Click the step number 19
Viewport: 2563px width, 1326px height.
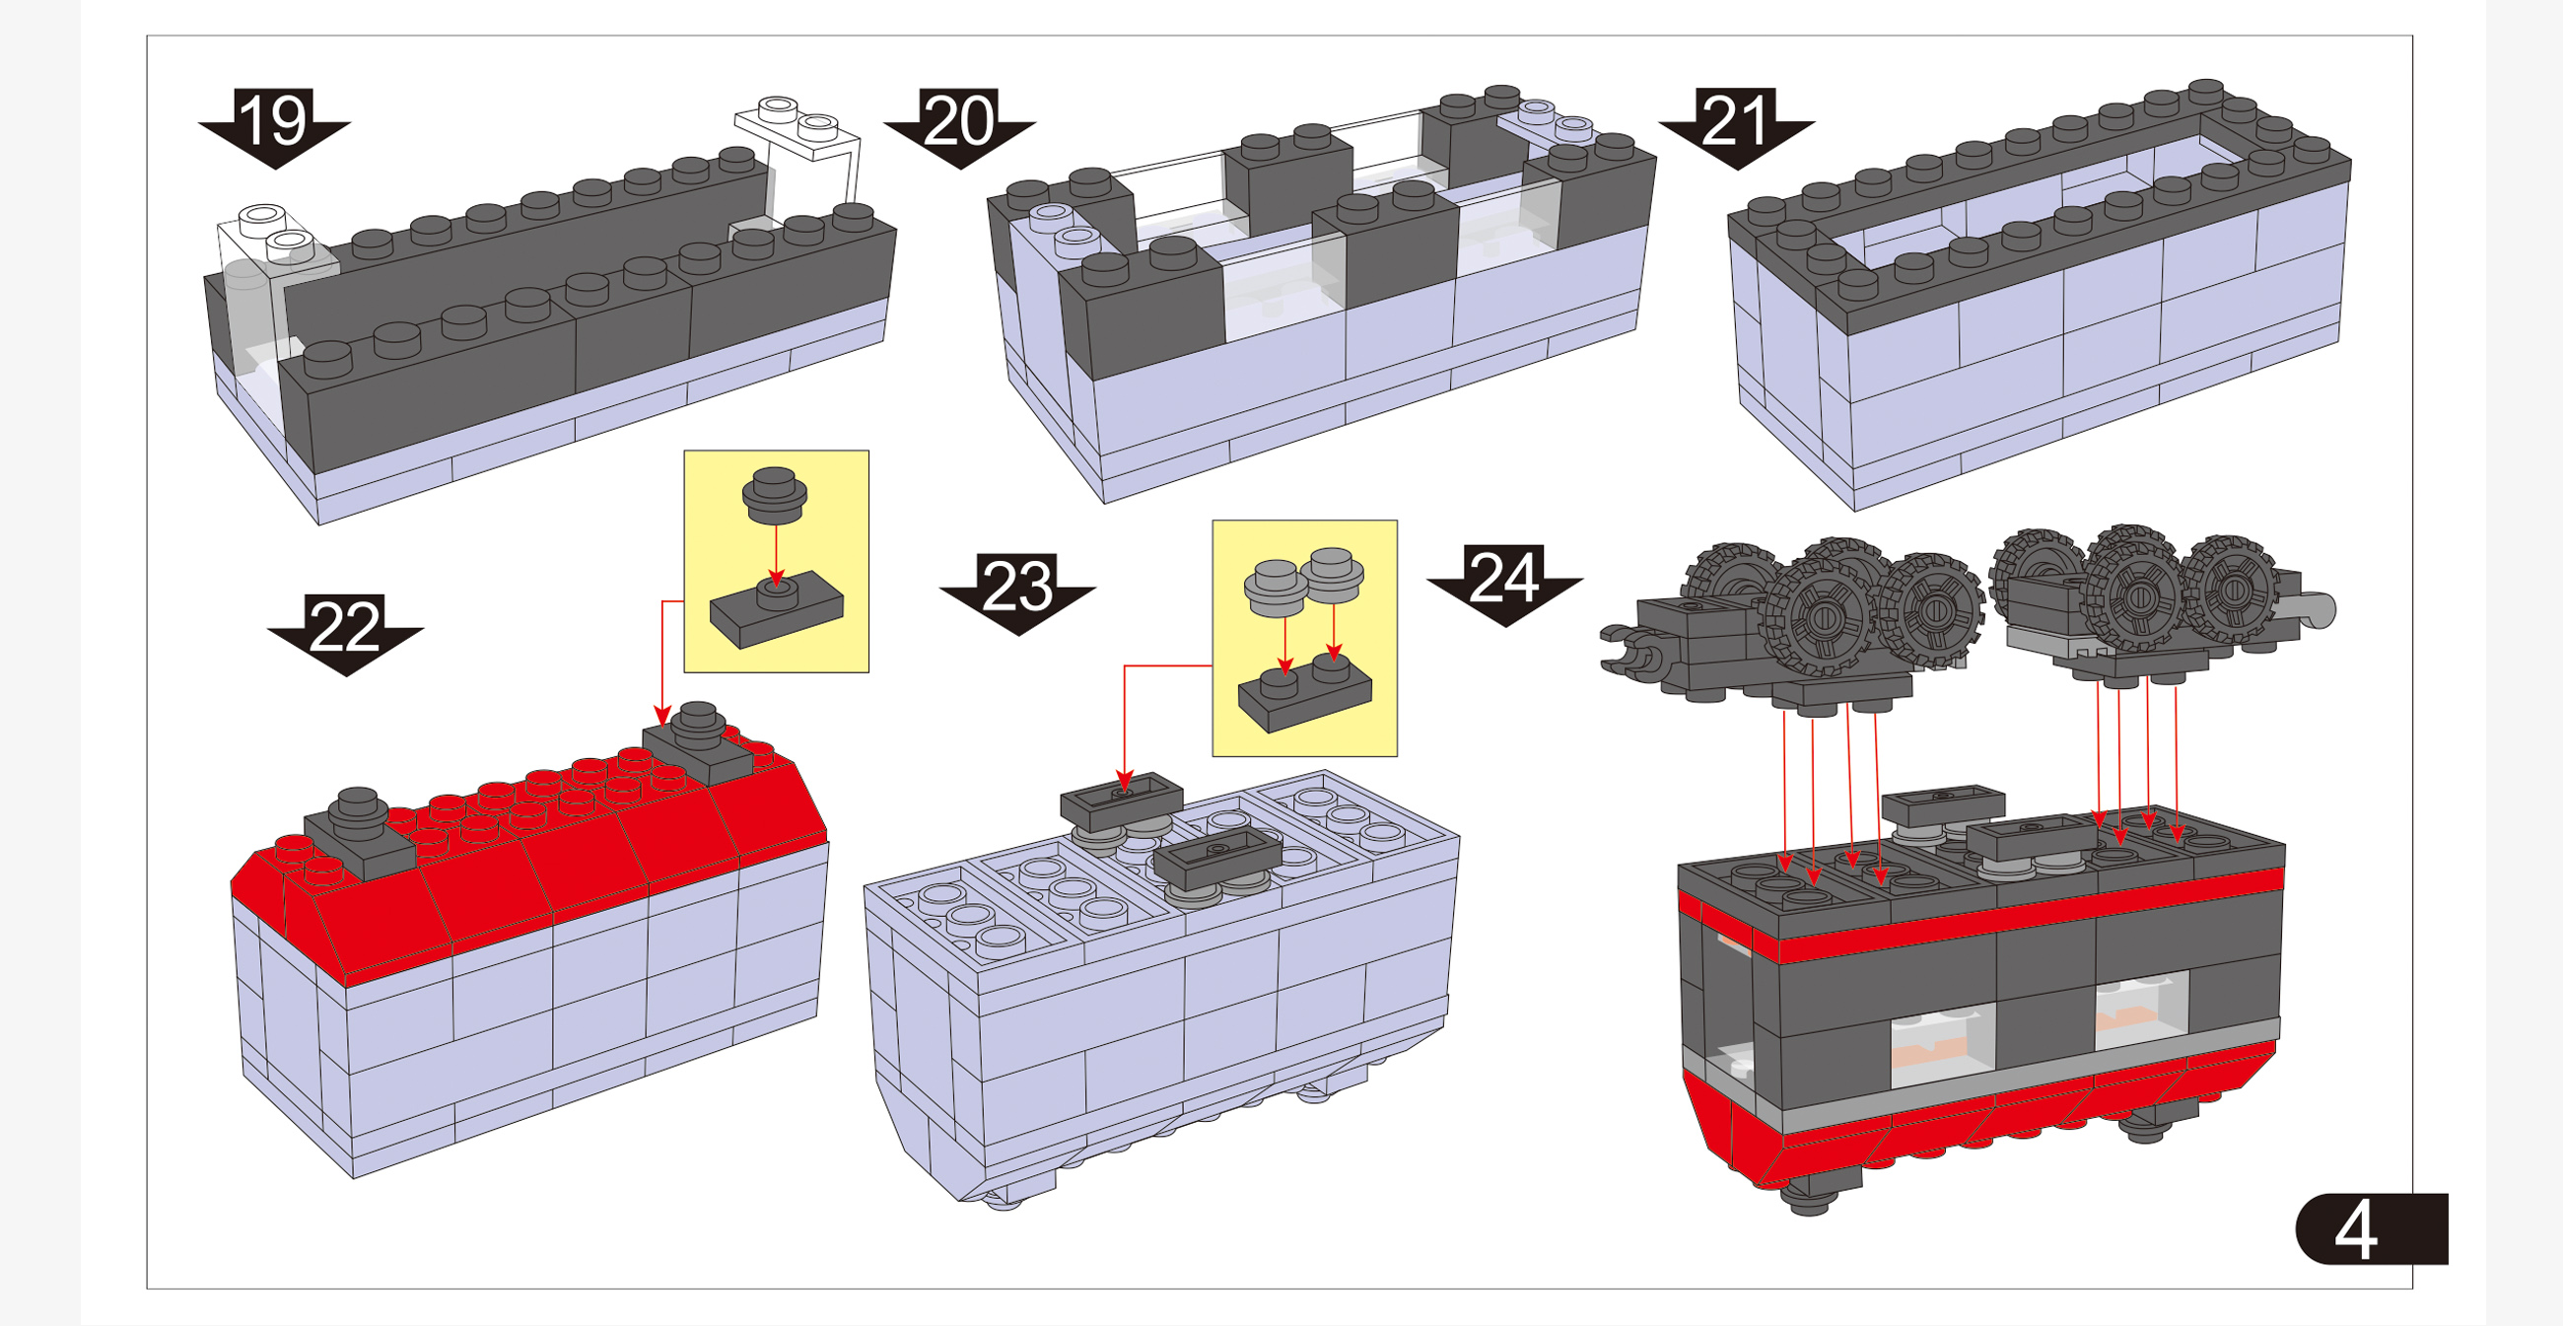point(274,121)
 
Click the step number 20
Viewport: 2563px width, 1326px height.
point(959,121)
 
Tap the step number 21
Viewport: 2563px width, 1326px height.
point(1736,121)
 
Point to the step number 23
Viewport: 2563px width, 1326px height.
point(1017,587)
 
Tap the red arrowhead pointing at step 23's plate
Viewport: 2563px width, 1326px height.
point(1126,780)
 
